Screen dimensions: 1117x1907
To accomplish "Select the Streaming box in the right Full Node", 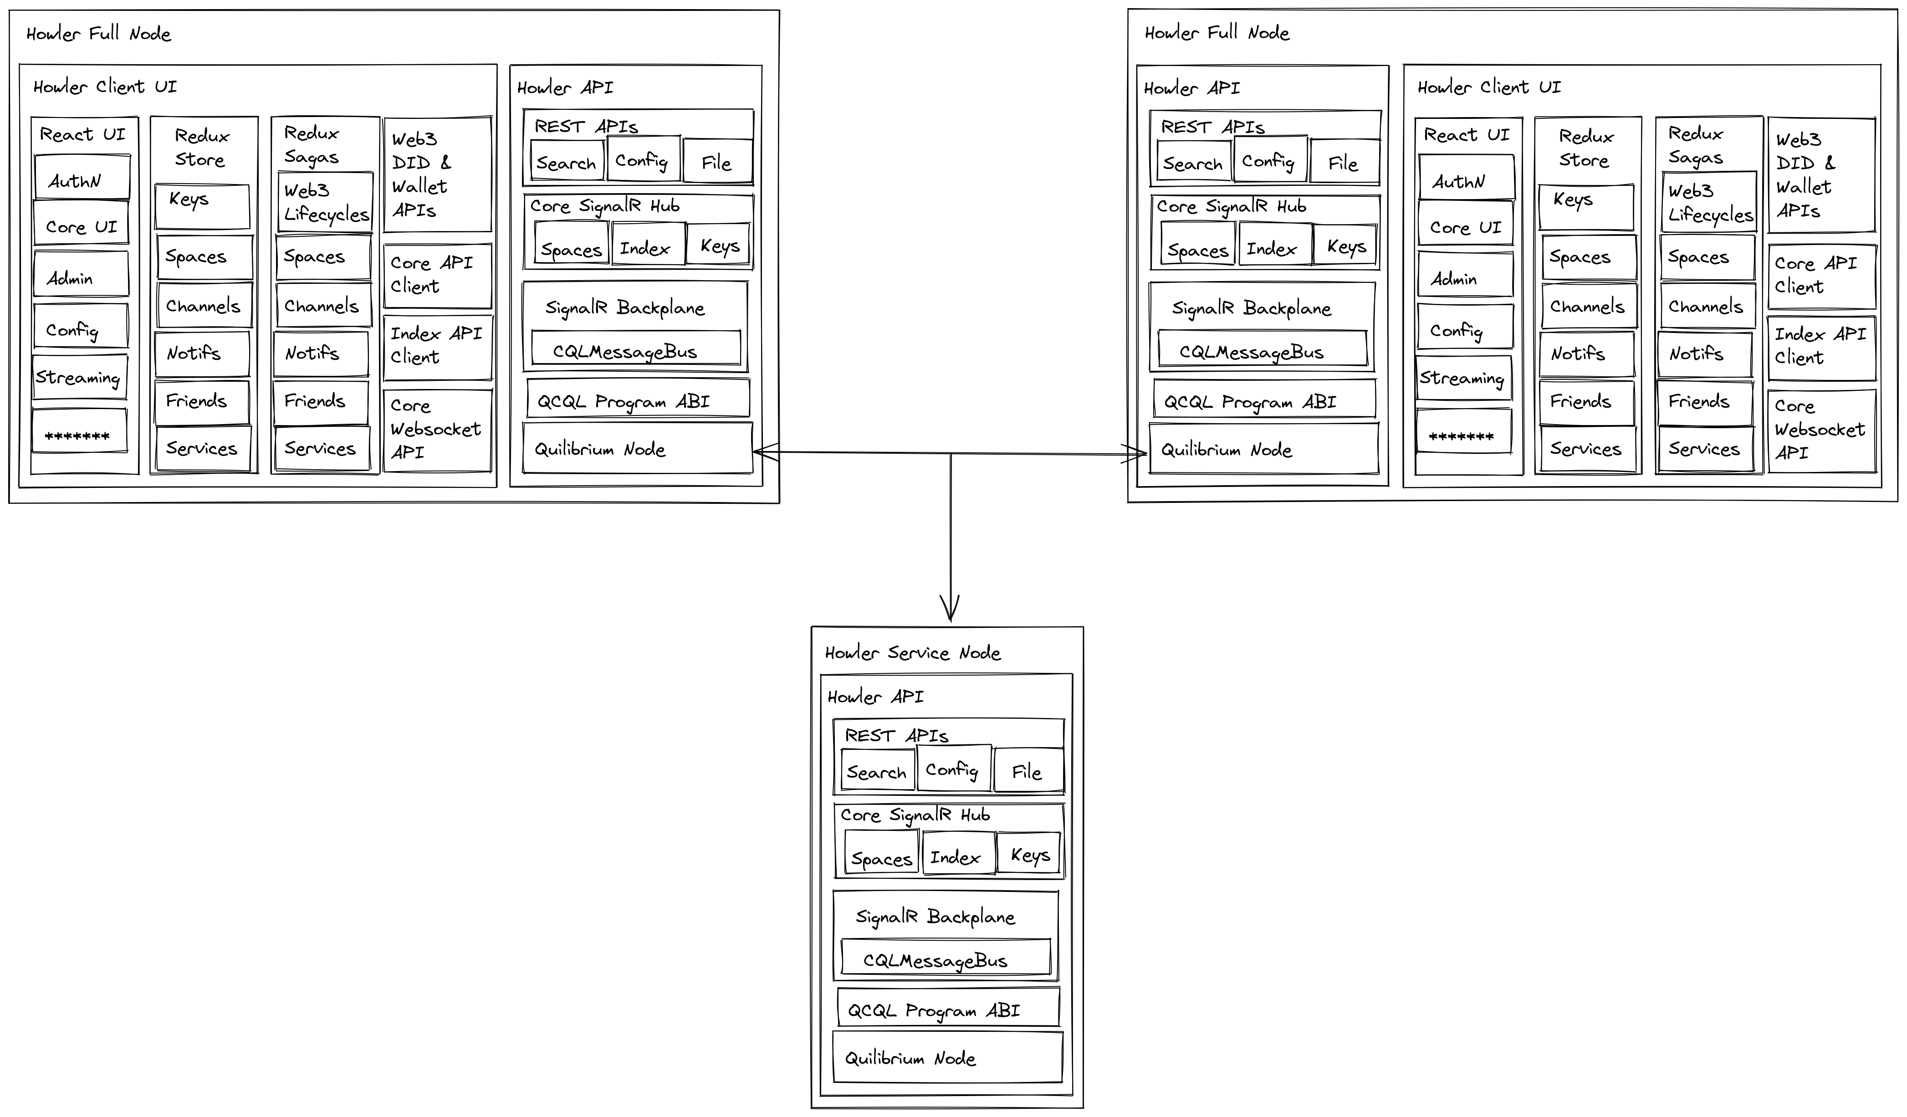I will click(1463, 378).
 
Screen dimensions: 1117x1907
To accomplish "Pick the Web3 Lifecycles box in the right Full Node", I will click(1709, 202).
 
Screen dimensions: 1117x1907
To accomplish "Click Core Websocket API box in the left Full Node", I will click(437, 430).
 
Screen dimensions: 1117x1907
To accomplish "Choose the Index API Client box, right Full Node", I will click(1821, 348).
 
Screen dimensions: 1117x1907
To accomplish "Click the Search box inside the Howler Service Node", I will click(877, 772).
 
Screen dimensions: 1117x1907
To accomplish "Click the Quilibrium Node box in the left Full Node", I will click(637, 449).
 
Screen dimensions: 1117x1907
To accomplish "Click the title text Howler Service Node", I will click(913, 652).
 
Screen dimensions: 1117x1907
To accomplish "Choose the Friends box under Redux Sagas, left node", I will click(321, 402).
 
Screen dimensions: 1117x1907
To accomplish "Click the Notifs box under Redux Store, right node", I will click(1586, 354).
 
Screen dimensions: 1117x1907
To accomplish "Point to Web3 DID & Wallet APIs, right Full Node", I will click(1821, 175).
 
